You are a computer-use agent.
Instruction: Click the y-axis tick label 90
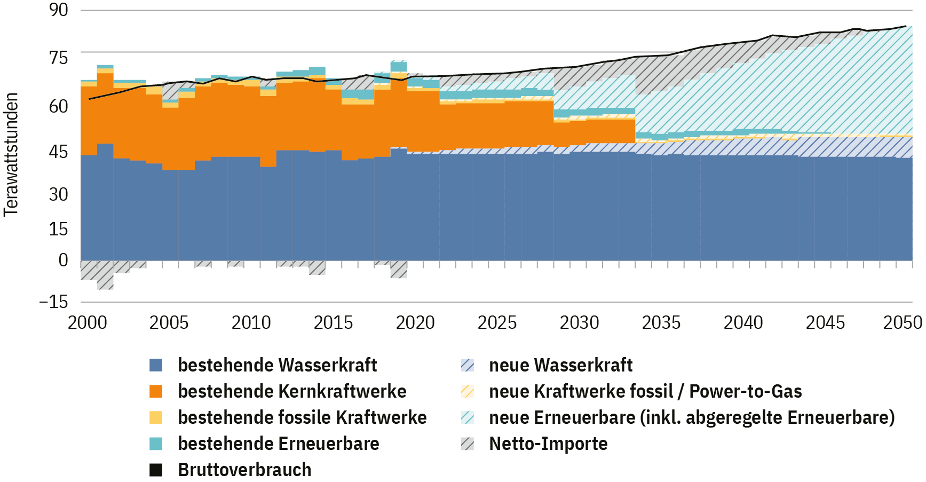click(x=59, y=10)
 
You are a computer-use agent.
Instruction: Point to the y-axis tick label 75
click(x=59, y=58)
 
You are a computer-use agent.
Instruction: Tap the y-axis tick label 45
click(x=59, y=152)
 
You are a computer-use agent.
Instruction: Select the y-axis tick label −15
click(x=54, y=302)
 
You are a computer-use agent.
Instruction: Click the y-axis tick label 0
click(x=64, y=260)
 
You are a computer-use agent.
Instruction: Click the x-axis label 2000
click(x=88, y=322)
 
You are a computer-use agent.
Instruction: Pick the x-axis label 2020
click(x=415, y=322)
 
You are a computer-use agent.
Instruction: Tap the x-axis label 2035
click(x=661, y=322)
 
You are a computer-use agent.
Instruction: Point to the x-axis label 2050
click(x=903, y=322)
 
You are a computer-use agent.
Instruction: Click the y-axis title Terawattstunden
click(x=11, y=155)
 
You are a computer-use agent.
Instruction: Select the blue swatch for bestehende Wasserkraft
click(x=156, y=365)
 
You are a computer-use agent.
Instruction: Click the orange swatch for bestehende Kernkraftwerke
click(x=156, y=391)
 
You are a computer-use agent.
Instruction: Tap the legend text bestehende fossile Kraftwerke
click(x=302, y=417)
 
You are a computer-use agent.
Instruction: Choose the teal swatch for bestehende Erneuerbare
click(x=156, y=444)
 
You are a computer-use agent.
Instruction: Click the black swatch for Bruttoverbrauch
click(x=156, y=470)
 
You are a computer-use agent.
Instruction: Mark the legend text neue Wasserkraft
click(x=560, y=365)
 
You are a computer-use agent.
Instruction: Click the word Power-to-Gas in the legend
click(x=746, y=391)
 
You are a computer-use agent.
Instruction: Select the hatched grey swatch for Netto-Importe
click(x=468, y=444)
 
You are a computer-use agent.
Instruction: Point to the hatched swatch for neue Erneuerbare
click(x=468, y=417)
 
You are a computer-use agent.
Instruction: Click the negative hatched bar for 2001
click(x=105, y=275)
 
